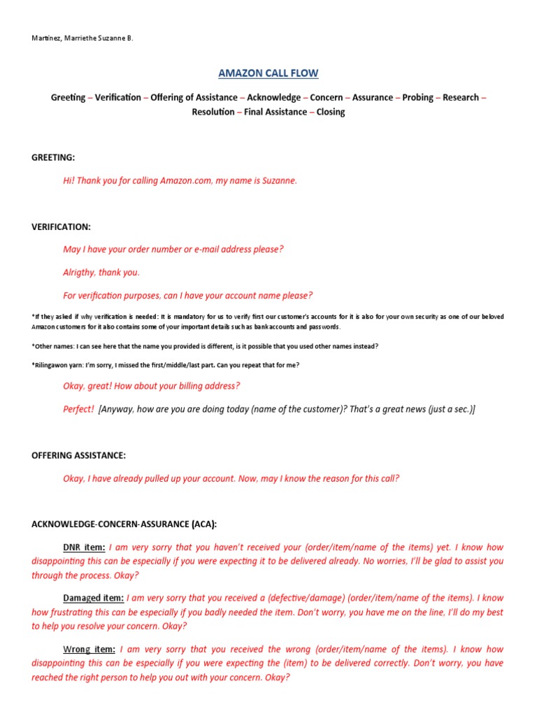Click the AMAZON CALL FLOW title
coord(268,73)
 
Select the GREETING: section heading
coord(53,158)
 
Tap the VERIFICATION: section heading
coord(61,227)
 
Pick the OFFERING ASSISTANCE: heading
coord(79,456)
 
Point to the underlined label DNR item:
coord(84,547)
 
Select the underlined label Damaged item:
coord(94,599)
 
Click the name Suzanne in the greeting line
coord(278,180)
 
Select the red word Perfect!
coord(78,410)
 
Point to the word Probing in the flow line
coord(417,98)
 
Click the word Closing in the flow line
coord(331,112)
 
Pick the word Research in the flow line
coord(461,98)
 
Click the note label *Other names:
coord(53,347)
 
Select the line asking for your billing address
coord(151,387)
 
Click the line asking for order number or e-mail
coord(173,250)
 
